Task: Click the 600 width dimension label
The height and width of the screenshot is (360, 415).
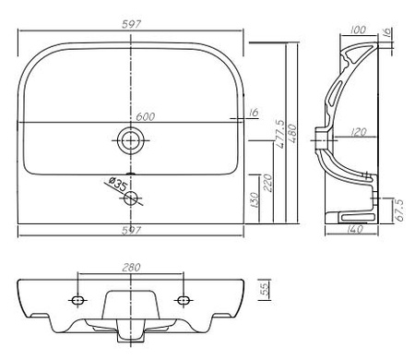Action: click(x=146, y=116)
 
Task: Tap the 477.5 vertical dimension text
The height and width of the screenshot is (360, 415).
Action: click(x=280, y=134)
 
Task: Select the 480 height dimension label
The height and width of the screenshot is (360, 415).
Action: click(x=292, y=133)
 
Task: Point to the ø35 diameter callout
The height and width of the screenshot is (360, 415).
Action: click(x=118, y=184)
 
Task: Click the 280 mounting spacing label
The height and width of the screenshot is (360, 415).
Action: click(x=131, y=268)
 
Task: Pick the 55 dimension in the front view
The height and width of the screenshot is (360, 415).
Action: click(x=265, y=289)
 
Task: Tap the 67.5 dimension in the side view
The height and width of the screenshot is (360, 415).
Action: click(x=399, y=210)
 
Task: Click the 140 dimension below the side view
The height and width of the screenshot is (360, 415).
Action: click(x=354, y=229)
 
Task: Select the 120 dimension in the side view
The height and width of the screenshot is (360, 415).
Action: click(x=358, y=132)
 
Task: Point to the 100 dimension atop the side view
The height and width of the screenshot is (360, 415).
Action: click(x=358, y=30)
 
